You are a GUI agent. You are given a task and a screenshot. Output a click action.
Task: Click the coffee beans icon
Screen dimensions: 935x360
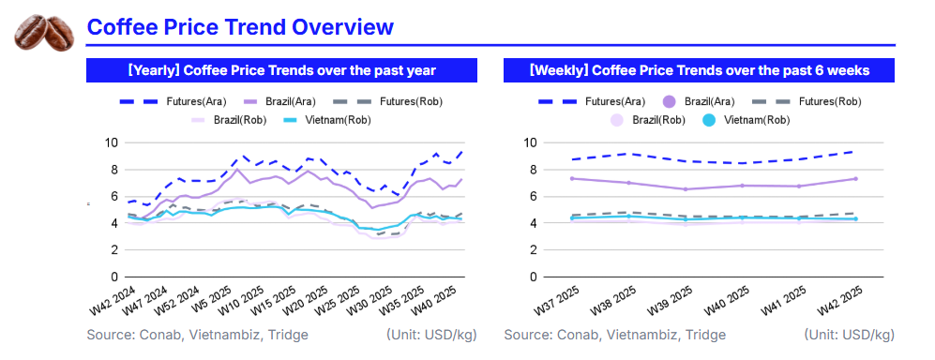[44, 32]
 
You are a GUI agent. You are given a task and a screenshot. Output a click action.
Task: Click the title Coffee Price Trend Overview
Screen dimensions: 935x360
[240, 27]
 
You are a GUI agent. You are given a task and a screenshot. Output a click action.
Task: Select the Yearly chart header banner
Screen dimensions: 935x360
[282, 70]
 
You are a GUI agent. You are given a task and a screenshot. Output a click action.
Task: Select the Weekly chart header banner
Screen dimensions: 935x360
[699, 70]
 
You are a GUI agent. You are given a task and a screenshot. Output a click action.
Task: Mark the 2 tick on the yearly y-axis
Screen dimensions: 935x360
[114, 250]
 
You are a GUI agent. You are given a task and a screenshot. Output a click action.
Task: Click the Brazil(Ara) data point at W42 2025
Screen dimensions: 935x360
[855, 179]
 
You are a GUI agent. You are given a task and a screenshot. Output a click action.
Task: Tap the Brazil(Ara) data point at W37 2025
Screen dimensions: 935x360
[571, 178]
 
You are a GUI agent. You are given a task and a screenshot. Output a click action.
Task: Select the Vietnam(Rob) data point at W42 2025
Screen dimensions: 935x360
[855, 218]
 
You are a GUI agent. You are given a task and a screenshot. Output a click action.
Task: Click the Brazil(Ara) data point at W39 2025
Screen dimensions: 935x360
[686, 189]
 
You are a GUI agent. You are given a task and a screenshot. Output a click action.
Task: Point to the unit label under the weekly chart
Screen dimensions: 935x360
[849, 335]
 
